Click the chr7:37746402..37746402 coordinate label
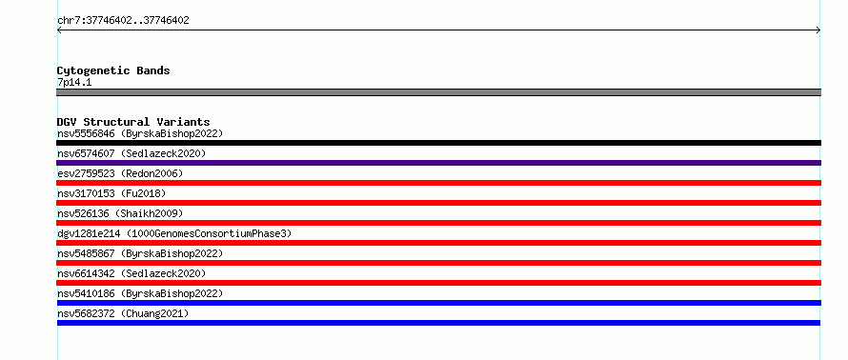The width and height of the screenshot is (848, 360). (123, 21)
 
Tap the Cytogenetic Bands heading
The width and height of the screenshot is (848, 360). (113, 70)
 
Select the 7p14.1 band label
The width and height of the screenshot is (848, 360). (74, 83)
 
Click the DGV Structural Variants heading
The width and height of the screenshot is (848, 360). (133, 122)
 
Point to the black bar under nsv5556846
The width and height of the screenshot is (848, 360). (438, 143)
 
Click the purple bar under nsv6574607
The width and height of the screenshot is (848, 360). (438, 163)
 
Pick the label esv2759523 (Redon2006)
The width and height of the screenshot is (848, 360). (120, 173)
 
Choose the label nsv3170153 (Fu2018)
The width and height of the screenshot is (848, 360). (111, 193)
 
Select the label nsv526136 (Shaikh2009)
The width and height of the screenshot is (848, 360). (120, 213)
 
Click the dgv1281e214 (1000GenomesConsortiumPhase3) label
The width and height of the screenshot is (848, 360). (174, 233)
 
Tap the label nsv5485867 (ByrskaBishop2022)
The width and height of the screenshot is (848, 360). (140, 253)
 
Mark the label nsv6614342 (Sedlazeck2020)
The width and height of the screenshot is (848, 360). (131, 273)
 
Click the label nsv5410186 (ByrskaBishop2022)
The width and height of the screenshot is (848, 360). (140, 293)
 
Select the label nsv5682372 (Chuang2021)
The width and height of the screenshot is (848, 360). (123, 313)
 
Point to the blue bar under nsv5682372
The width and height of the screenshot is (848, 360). (438, 323)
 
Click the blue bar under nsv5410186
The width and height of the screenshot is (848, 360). (438, 303)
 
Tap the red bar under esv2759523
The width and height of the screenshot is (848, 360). (438, 183)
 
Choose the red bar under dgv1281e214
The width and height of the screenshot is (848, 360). (438, 243)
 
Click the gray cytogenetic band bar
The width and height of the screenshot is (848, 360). (438, 92)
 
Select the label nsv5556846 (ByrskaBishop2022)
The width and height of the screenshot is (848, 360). (140, 133)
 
